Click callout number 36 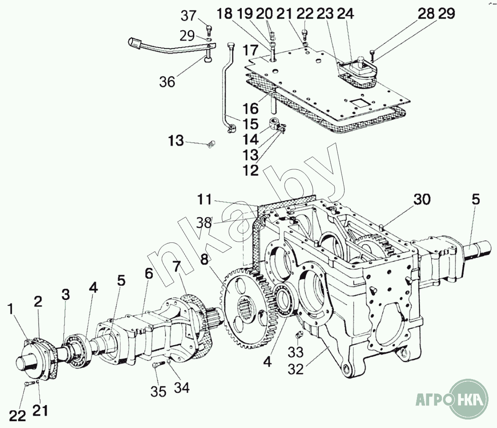click(x=168, y=82)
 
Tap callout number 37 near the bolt click(x=189, y=16)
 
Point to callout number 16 click(x=251, y=109)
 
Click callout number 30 click(x=422, y=199)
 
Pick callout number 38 click(x=204, y=222)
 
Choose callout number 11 click(x=204, y=200)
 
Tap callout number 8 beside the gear click(x=204, y=259)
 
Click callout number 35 click(x=159, y=391)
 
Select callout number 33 click(x=296, y=352)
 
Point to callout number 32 click(x=296, y=369)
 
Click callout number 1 click(x=11, y=309)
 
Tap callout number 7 click(x=176, y=268)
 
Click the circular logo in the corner click(x=469, y=399)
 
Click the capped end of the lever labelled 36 click(x=135, y=43)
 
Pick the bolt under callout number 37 click(x=209, y=30)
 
